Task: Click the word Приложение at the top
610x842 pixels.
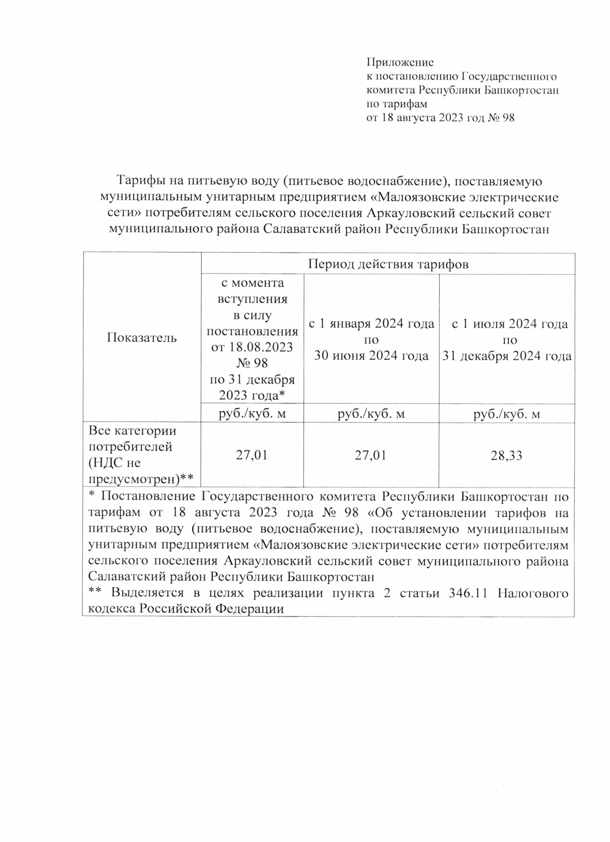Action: point(400,63)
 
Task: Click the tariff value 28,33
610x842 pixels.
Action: point(506,455)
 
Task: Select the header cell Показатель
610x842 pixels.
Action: point(142,337)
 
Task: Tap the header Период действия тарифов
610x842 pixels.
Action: point(388,264)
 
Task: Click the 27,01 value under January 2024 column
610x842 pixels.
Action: point(371,455)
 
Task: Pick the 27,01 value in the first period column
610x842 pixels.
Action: point(252,455)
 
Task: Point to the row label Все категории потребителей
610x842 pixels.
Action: point(133,439)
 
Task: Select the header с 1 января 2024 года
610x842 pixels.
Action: point(372,324)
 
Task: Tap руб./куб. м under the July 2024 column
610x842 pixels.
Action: point(506,414)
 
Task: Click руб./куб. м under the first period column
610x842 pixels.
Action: point(252,414)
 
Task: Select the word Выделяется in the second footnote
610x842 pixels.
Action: point(146,593)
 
